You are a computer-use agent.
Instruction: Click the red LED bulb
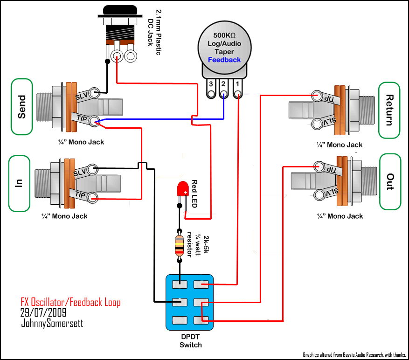tap(183, 188)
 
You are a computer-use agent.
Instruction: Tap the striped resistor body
tap(179, 245)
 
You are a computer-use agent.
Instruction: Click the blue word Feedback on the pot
tap(224, 60)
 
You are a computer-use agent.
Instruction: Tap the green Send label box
tap(22, 107)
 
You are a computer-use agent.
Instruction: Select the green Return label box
tap(389, 111)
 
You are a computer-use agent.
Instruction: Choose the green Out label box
tap(390, 182)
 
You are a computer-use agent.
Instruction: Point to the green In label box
tap(19, 184)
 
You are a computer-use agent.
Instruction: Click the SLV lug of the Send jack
tap(94, 93)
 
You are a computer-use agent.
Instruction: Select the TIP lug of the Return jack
tap(317, 96)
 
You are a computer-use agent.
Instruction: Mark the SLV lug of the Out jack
tap(319, 194)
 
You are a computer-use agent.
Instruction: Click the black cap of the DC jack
tap(120, 10)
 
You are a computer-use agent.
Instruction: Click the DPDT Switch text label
tap(191, 341)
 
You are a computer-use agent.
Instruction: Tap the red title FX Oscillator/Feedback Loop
tap(70, 302)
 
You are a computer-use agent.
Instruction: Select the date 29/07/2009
tap(43, 312)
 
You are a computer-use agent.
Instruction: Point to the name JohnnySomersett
tap(52, 323)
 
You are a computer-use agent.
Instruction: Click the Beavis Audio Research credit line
tap(354, 355)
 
